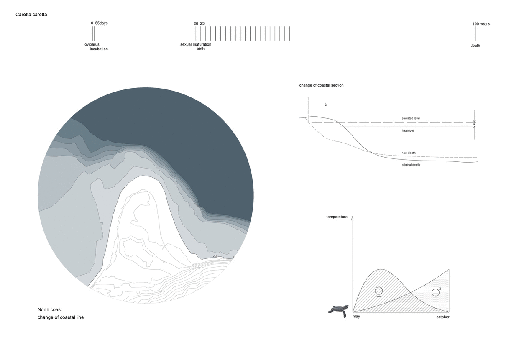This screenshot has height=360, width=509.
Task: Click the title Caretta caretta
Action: (x=31, y=15)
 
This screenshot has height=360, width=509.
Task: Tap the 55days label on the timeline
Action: (x=101, y=23)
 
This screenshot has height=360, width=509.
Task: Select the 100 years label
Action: (x=481, y=24)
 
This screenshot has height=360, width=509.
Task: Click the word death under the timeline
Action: (x=475, y=46)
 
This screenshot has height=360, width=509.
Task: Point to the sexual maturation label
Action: (x=196, y=44)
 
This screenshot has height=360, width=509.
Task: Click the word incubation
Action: (x=99, y=49)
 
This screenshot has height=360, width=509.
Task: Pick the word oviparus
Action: (x=92, y=44)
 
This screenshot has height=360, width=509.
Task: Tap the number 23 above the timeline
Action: (x=202, y=23)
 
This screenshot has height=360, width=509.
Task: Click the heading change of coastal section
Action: (x=321, y=85)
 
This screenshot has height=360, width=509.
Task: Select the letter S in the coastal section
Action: (x=326, y=105)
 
